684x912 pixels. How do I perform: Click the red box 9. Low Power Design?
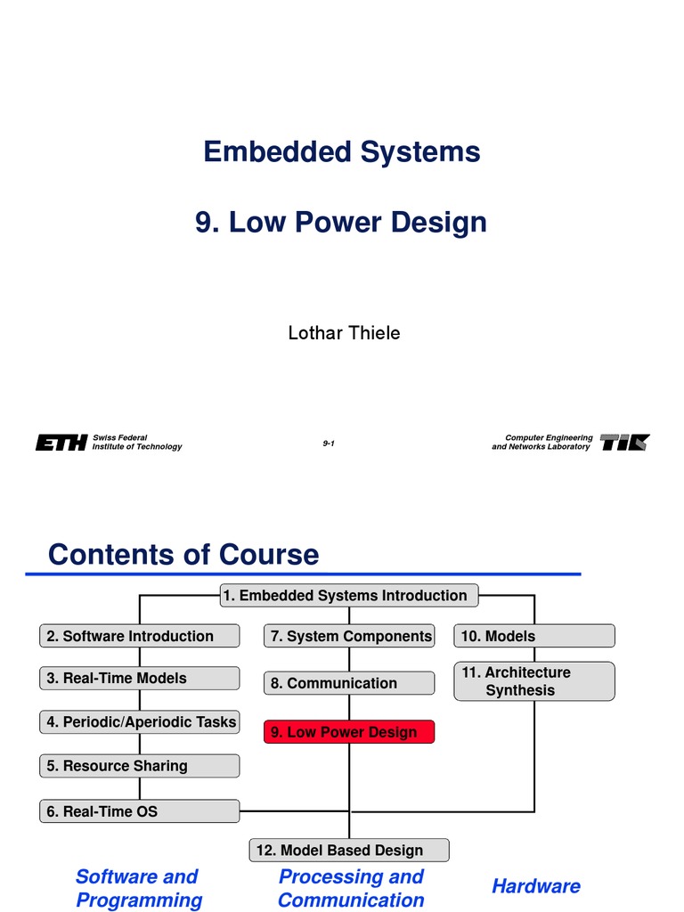tap(349, 732)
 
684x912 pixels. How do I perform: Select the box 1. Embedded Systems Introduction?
tap(349, 595)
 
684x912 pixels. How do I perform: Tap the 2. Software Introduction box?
tap(140, 636)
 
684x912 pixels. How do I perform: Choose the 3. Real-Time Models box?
tap(140, 678)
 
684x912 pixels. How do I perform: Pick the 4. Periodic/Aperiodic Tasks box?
tap(140, 721)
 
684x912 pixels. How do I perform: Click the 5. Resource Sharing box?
tap(140, 765)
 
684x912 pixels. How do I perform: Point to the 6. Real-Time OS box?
tap(140, 811)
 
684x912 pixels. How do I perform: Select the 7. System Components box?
tap(349, 636)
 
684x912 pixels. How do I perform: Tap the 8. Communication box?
tap(349, 683)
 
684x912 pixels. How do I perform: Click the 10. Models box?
tap(534, 636)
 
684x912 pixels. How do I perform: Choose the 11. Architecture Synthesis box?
tap(534, 681)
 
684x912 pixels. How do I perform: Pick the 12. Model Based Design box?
tap(349, 850)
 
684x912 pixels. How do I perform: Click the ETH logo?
tap(61, 443)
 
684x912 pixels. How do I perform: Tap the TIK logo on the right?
tap(624, 443)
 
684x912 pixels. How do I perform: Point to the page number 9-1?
tap(329, 443)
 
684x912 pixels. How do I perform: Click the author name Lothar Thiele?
tap(344, 333)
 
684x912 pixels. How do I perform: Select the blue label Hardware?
tap(535, 885)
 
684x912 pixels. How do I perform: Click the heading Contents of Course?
tap(183, 554)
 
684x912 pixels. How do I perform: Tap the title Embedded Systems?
tap(342, 151)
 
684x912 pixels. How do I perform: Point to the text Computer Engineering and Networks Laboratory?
tap(541, 443)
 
